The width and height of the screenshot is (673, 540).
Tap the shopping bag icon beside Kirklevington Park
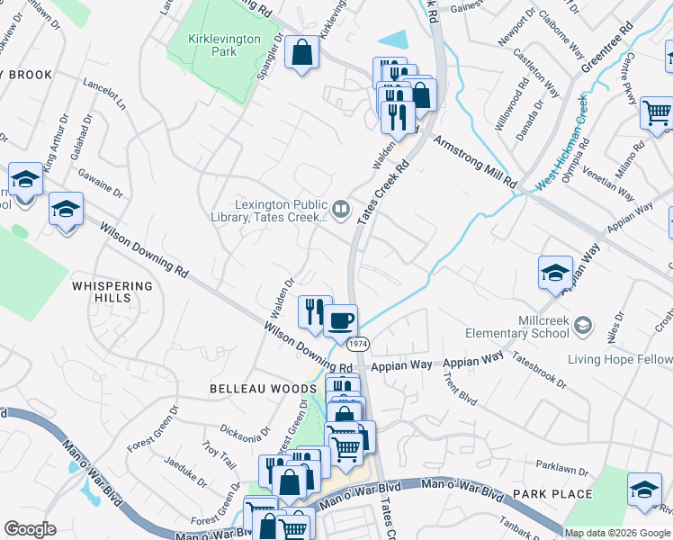click(x=302, y=52)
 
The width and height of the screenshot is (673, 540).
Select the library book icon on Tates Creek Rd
click(x=341, y=211)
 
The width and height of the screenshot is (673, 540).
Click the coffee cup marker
click(x=340, y=321)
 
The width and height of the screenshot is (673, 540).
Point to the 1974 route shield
click(x=358, y=344)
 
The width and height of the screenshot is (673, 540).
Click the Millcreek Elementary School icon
click(x=583, y=323)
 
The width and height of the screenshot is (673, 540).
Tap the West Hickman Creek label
click(x=564, y=142)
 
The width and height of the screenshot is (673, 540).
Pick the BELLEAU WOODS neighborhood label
click(x=251, y=388)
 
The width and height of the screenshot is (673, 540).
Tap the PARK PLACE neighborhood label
click(x=552, y=494)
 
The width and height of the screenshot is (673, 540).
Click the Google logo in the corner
click(x=31, y=529)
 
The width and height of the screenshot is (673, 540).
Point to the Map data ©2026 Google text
click(x=617, y=533)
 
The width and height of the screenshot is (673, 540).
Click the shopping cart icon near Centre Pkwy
click(x=657, y=112)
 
